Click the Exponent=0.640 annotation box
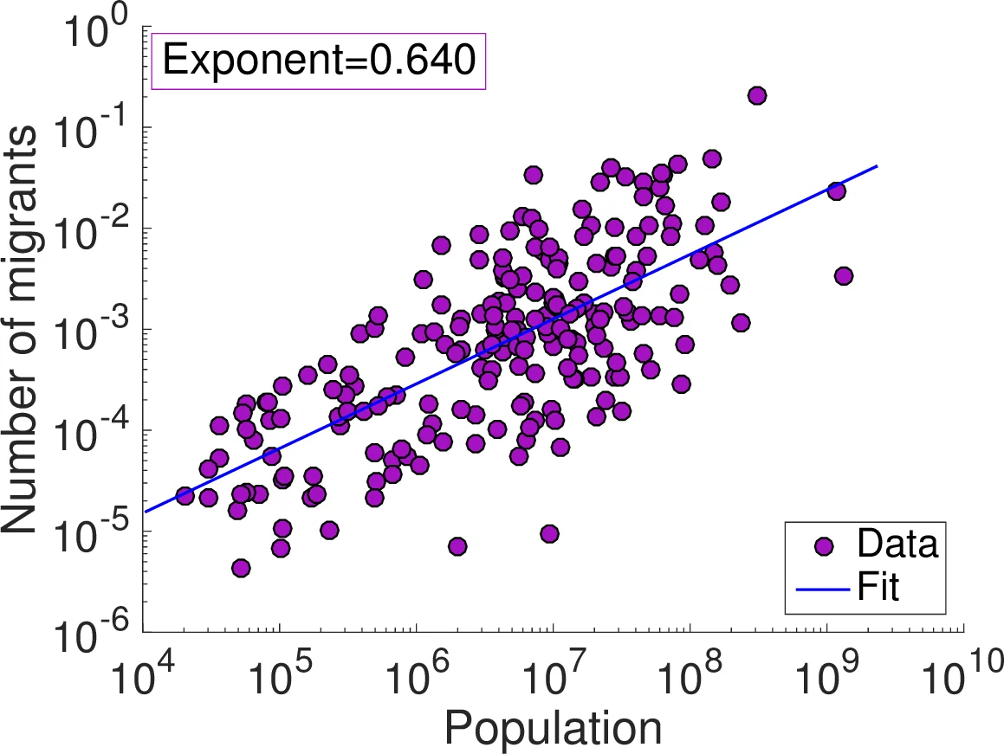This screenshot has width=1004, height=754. (x=319, y=61)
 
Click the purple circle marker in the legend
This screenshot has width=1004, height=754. (x=824, y=545)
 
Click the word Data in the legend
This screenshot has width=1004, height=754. (x=897, y=545)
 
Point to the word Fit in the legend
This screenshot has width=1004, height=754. (x=878, y=589)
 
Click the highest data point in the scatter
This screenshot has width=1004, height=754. (x=757, y=95)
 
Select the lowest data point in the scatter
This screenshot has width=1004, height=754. (x=241, y=568)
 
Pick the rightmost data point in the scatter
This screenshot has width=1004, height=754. (x=844, y=276)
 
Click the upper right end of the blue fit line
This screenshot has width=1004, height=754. (x=878, y=165)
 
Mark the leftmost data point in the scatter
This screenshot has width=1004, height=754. (x=185, y=495)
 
